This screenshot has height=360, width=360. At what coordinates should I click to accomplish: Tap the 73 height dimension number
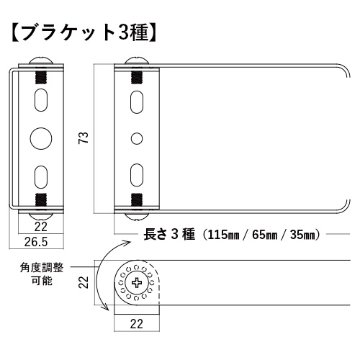pos(83,140)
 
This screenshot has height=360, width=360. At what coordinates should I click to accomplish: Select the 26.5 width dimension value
pos(40,241)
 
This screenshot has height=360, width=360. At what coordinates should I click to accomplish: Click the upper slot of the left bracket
pos(41,100)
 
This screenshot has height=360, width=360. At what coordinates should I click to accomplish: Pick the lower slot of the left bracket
pos(41,176)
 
